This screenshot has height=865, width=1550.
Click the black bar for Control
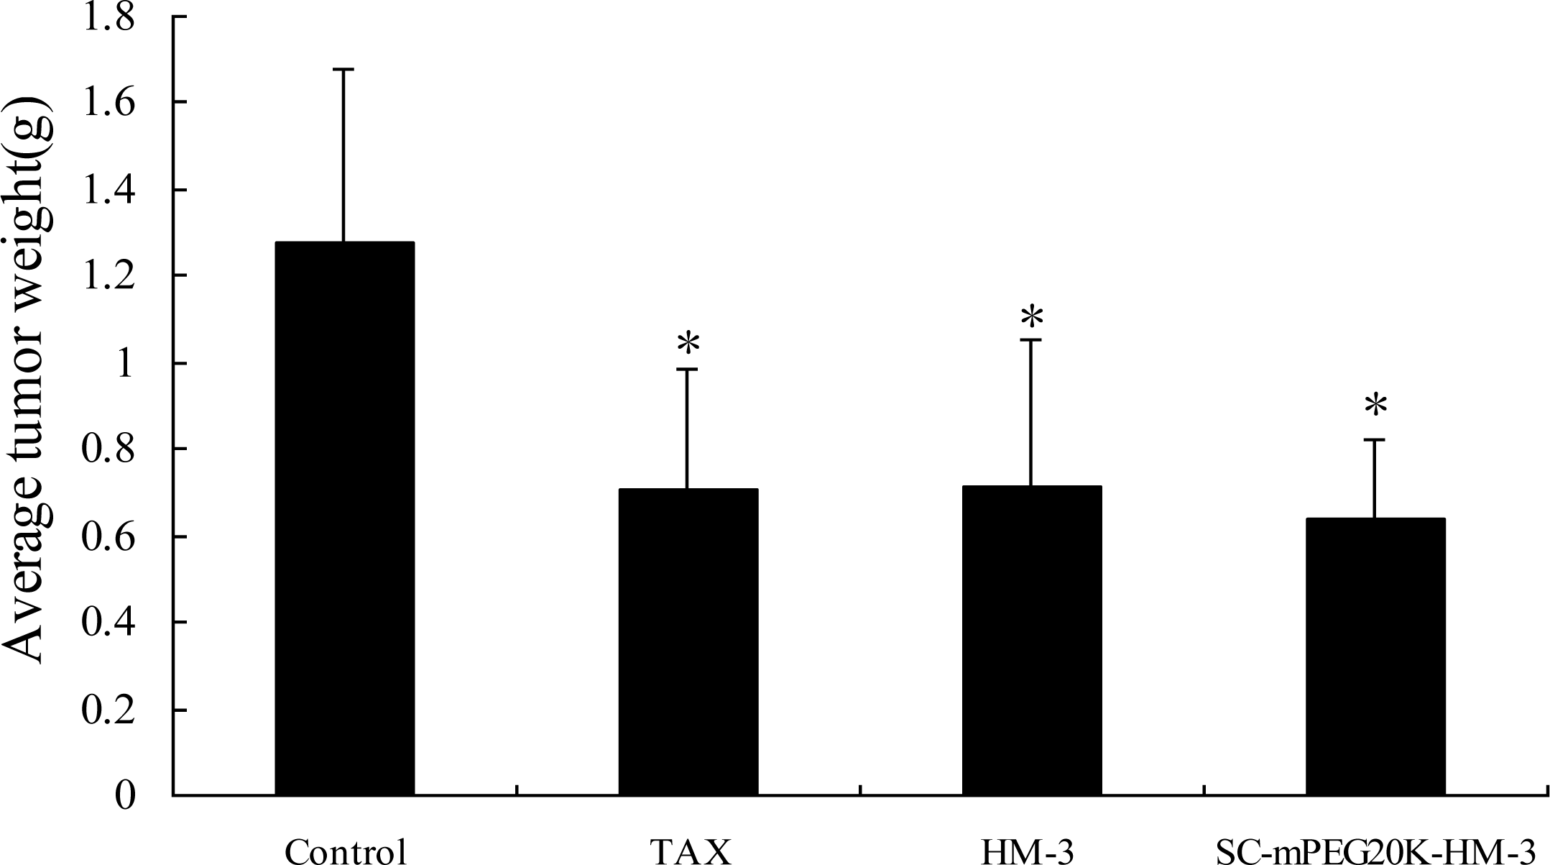pyautogui.click(x=344, y=518)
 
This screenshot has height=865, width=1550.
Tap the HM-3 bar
pyautogui.click(x=1031, y=640)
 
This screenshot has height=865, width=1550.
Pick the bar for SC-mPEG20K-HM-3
pyautogui.click(x=1375, y=656)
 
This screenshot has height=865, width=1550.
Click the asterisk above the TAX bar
pyautogui.click(x=688, y=344)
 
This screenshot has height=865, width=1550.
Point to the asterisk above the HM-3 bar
pyautogui.click(x=1032, y=316)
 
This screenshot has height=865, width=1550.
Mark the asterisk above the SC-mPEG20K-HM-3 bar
pyautogui.click(x=1375, y=407)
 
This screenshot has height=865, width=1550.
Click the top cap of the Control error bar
pyautogui.click(x=343, y=69)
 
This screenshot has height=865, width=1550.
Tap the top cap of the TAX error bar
pyautogui.click(x=687, y=369)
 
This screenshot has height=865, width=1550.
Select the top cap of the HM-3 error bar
pyautogui.click(x=1031, y=340)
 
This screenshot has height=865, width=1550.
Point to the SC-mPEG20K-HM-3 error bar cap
pyautogui.click(x=1375, y=439)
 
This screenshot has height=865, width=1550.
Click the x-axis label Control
pyautogui.click(x=346, y=851)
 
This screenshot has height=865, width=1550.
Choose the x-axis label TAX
pyautogui.click(x=691, y=851)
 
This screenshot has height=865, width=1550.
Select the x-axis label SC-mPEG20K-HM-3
pyautogui.click(x=1374, y=851)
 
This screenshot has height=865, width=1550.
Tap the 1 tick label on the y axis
pyautogui.click(x=125, y=364)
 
